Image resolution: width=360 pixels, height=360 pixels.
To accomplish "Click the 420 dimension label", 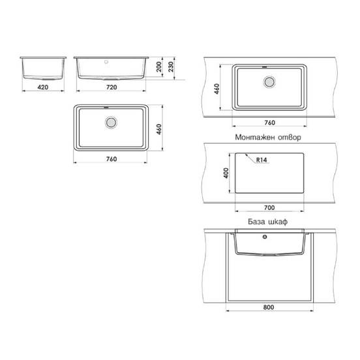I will (x=43, y=86).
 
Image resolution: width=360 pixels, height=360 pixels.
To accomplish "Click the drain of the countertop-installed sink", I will (x=269, y=82).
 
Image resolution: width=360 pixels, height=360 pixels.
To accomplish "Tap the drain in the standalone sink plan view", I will (x=111, y=121).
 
